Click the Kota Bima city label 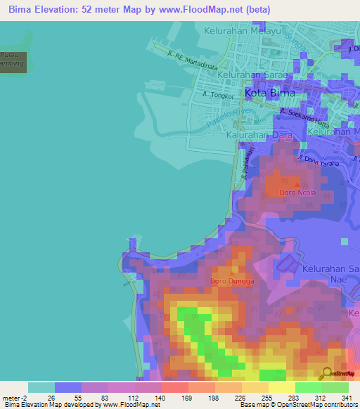[270, 93]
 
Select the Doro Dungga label [231, 282]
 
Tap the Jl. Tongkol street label [215, 93]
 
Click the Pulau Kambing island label [13, 59]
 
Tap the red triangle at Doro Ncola [297, 184]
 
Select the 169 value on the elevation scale [175, 397]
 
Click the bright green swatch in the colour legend [309, 387]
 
